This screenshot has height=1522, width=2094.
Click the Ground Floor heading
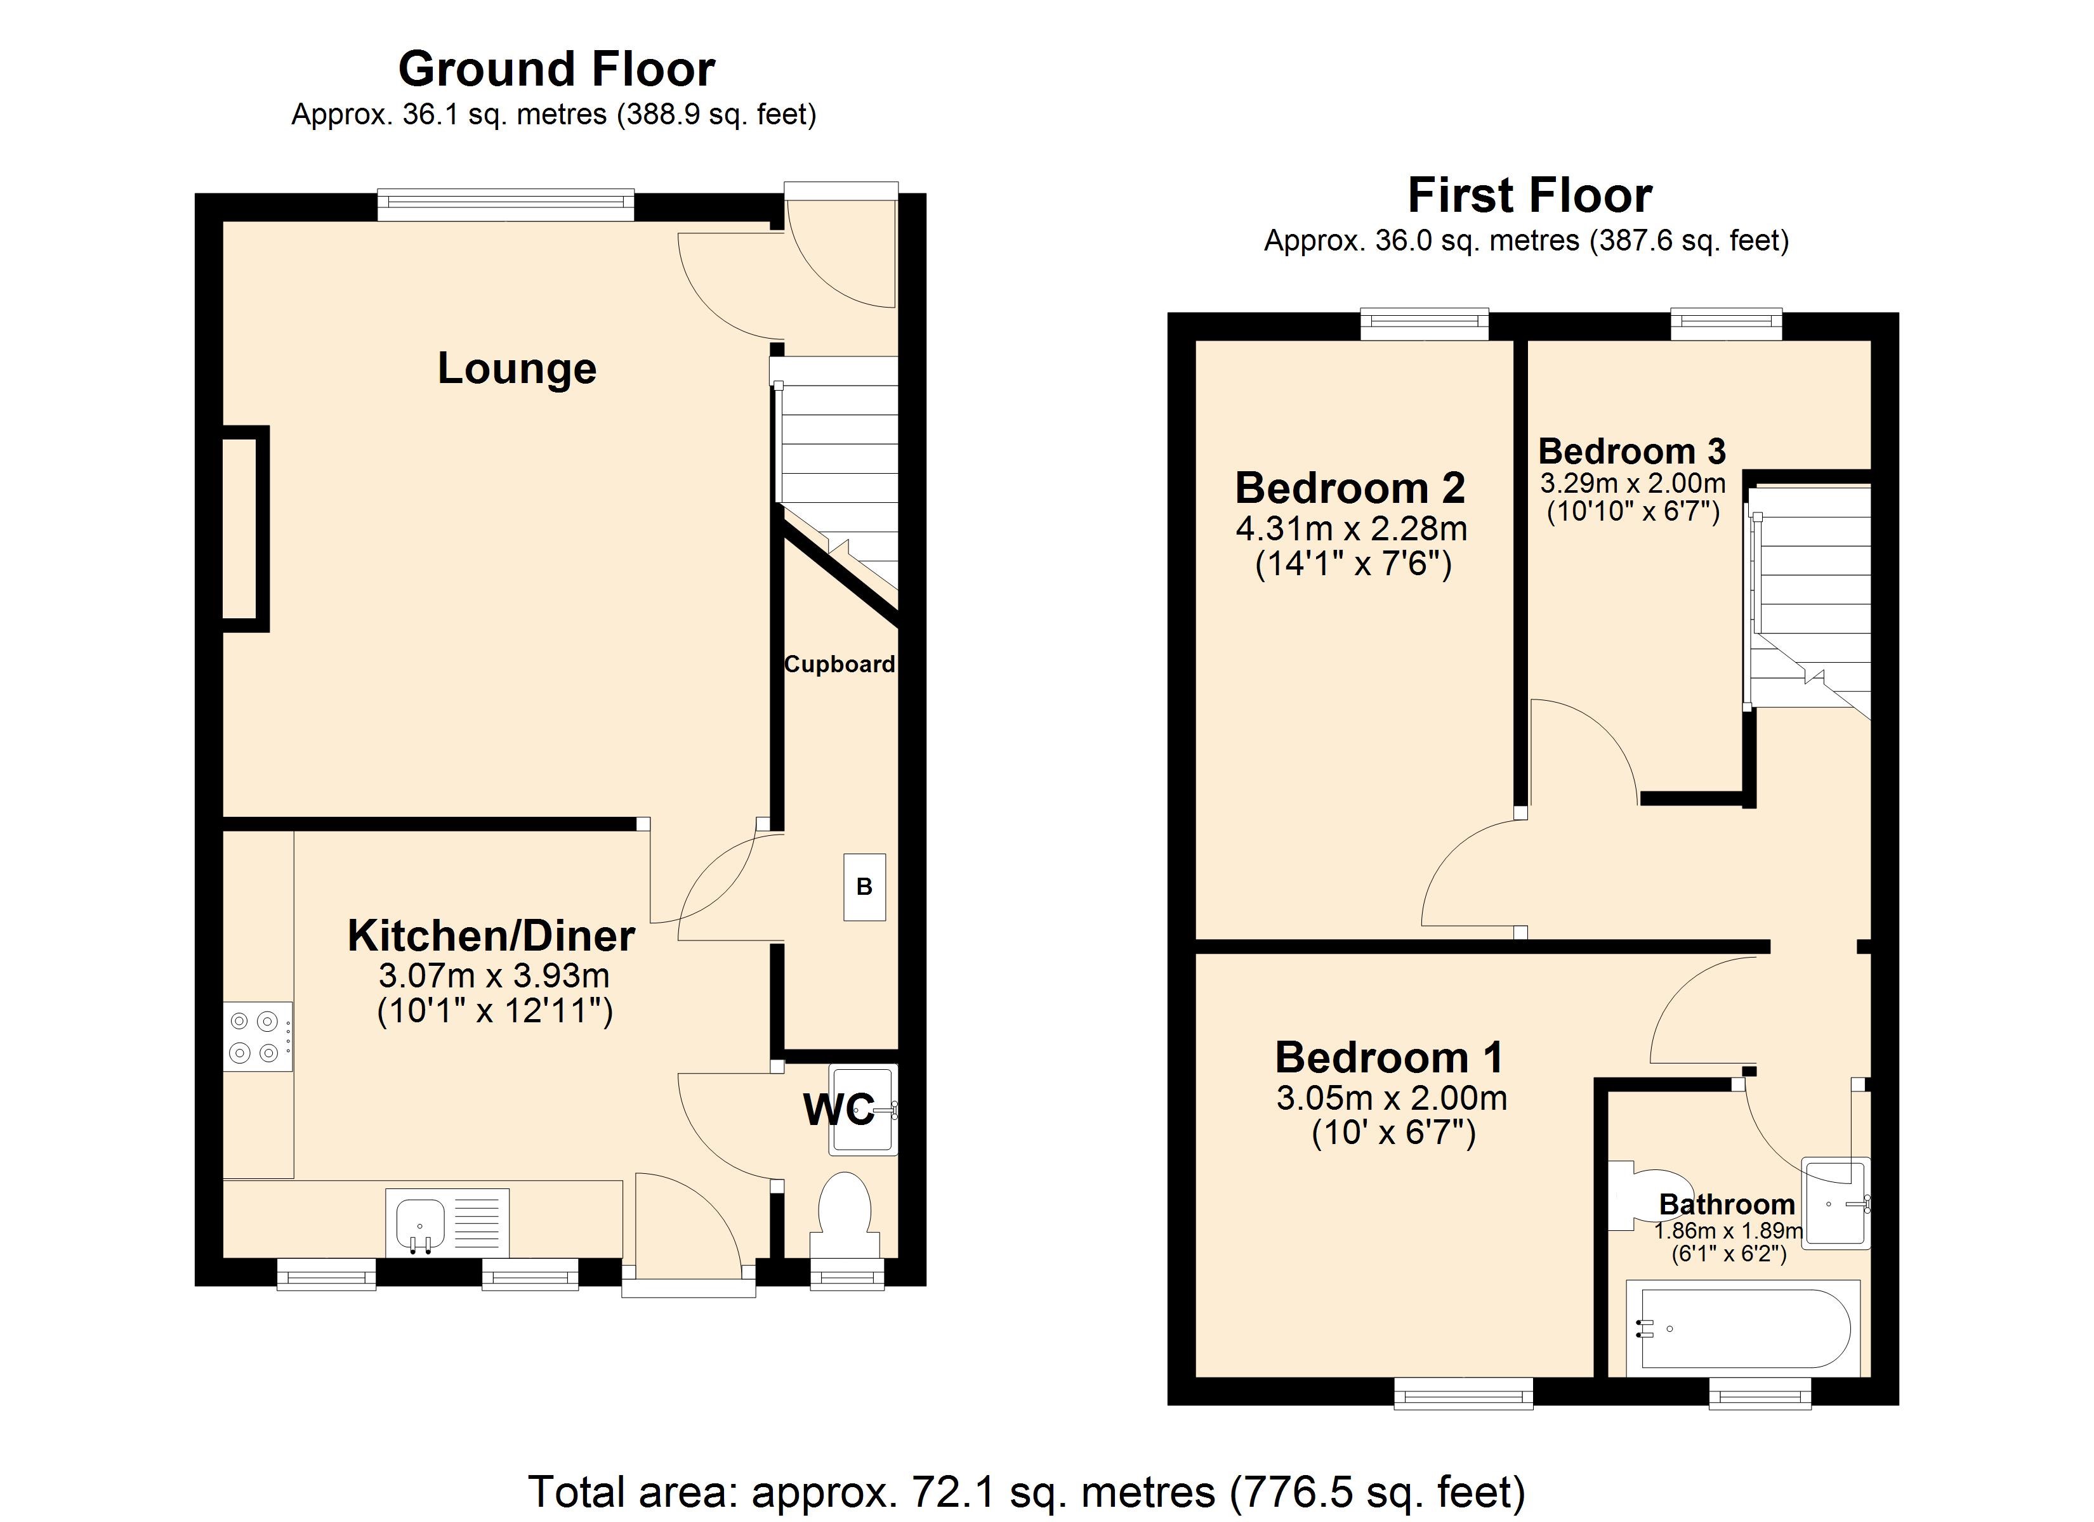(556, 69)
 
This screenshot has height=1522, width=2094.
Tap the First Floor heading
(1529, 196)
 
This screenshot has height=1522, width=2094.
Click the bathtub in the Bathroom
(1741, 1329)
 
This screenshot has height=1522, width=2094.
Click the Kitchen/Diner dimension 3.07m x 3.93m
(494, 975)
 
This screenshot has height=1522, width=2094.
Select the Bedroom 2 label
(1350, 488)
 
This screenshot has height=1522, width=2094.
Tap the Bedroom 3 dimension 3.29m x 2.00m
(1632, 483)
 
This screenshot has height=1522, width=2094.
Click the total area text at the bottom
(1026, 1492)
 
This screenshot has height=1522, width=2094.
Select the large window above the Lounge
(506, 205)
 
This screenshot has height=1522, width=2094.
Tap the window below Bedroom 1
(1463, 1394)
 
